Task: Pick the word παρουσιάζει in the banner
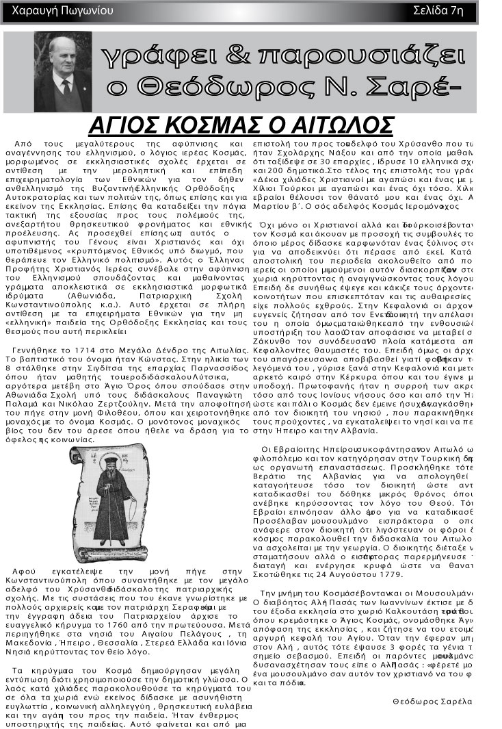363,59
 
